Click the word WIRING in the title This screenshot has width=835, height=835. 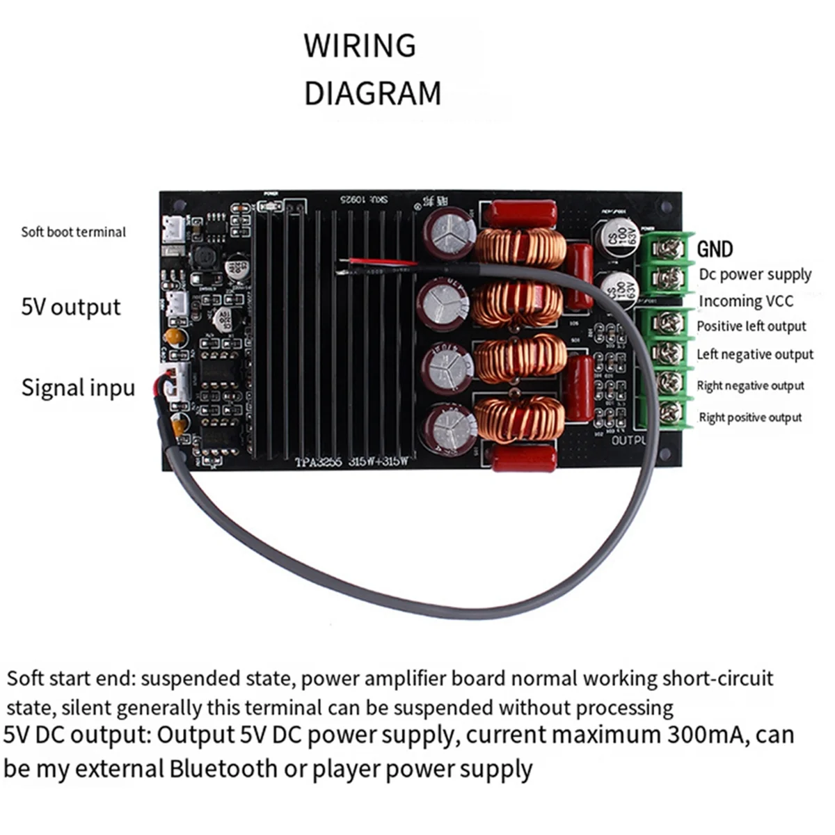click(360, 46)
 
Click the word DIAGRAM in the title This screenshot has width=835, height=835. click(372, 93)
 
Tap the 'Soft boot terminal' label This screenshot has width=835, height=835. click(73, 232)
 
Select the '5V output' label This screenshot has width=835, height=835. click(71, 307)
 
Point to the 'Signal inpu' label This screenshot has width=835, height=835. click(78, 388)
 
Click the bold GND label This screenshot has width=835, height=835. click(715, 249)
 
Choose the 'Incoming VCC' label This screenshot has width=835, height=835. click(745, 301)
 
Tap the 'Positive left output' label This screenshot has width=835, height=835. click(751, 326)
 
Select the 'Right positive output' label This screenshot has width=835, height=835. click(750, 417)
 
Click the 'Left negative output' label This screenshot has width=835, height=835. click(755, 355)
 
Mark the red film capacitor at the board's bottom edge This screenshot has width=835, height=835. click(524, 458)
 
